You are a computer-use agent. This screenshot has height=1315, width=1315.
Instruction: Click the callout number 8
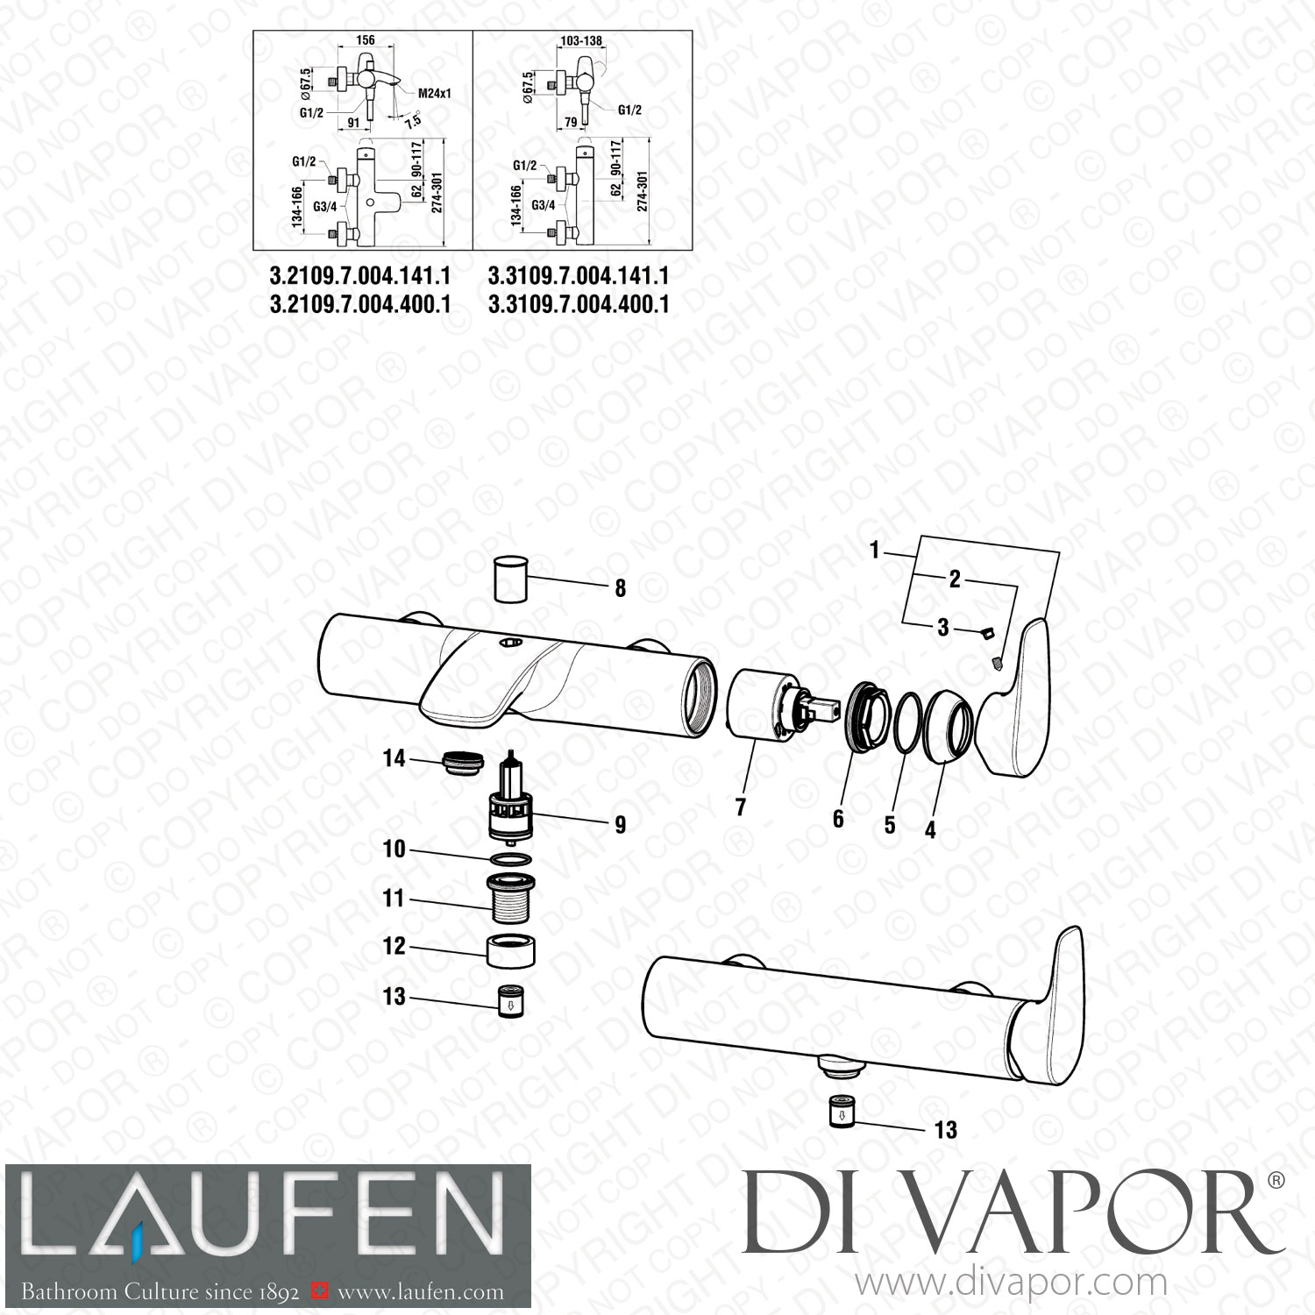[620, 588]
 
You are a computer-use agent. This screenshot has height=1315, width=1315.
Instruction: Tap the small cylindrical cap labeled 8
[509, 578]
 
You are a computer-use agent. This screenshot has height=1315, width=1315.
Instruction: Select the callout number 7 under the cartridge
[741, 806]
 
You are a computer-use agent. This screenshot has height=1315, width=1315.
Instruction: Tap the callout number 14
[394, 758]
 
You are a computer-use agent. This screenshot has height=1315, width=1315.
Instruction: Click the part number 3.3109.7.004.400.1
[579, 304]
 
